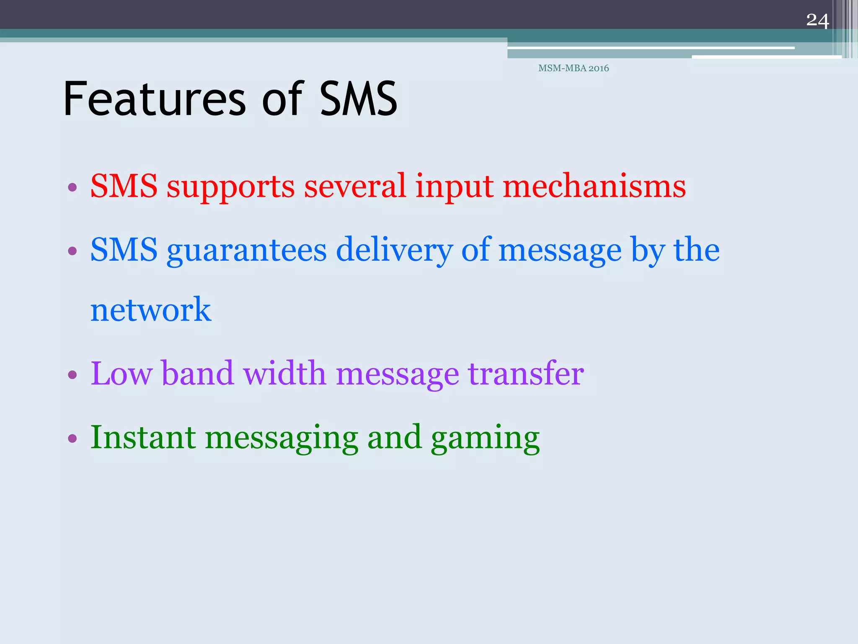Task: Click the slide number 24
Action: click(x=817, y=21)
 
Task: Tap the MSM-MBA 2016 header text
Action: click(x=574, y=68)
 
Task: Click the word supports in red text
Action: click(x=230, y=187)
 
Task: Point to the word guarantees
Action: click(x=246, y=251)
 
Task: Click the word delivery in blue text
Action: click(x=394, y=251)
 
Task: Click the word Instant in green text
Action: click(x=143, y=437)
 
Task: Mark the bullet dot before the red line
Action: click(x=72, y=187)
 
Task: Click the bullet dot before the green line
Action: click(x=72, y=439)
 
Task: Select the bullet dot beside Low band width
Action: click(x=72, y=374)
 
